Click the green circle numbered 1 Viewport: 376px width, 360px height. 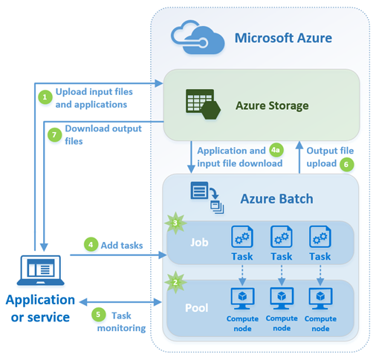tap(44, 96)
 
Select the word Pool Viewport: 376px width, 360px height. tap(197, 304)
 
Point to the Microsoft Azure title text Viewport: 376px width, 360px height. tap(282, 37)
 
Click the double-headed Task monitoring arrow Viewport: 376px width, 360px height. tap(122, 303)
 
